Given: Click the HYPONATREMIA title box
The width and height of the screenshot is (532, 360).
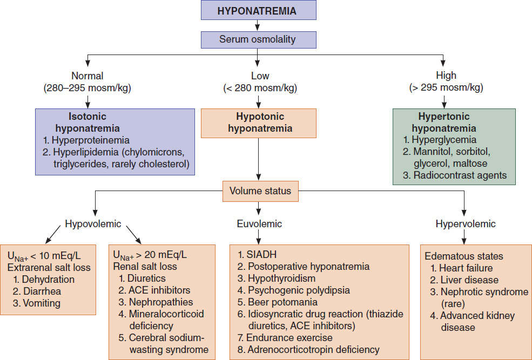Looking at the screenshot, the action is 259,10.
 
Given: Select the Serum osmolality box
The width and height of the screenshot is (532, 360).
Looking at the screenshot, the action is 259,39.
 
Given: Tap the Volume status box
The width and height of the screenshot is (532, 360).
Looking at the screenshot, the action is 260,191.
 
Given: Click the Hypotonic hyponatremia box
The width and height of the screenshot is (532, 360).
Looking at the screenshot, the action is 259,123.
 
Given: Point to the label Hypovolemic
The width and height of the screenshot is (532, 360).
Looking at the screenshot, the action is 93,224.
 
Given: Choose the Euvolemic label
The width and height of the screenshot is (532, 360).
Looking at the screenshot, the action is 259,224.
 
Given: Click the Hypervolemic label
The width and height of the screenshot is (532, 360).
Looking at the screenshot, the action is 466,224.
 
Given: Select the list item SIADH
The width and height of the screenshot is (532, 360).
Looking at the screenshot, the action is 257,255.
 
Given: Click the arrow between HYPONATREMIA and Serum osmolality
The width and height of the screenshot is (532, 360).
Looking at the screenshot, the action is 258,25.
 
